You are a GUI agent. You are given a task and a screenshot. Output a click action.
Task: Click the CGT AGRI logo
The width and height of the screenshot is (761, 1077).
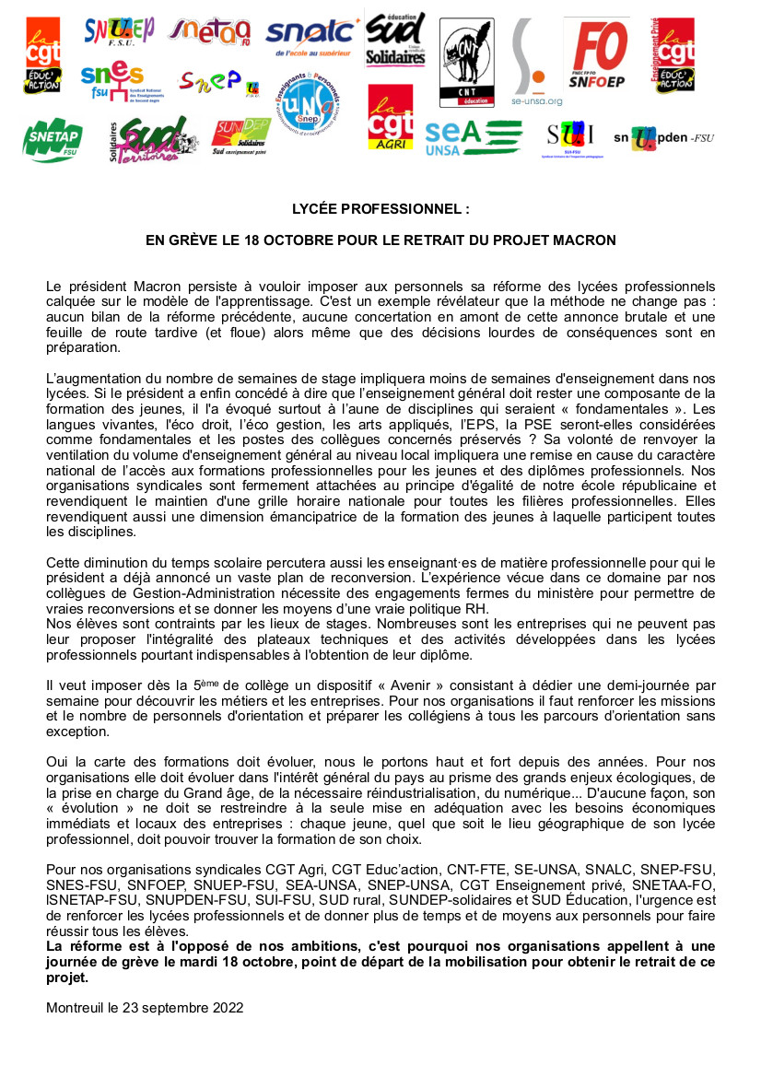pos(391,119)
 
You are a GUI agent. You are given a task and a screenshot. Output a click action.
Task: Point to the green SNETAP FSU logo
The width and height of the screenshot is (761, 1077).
pos(53,140)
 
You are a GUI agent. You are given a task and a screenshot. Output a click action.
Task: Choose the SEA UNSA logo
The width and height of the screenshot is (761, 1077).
pos(472,137)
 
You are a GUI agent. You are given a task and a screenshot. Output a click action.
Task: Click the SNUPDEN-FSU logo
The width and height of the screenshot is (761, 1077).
pos(664,138)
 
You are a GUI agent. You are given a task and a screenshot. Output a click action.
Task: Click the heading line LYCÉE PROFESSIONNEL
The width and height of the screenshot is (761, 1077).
pos(380,209)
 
